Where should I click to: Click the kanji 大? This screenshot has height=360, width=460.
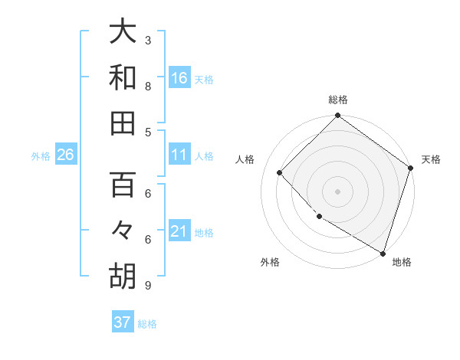[123, 31]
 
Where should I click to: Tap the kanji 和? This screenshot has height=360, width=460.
[123, 77]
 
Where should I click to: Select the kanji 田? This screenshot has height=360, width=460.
[123, 123]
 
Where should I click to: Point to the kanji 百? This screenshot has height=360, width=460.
[123, 185]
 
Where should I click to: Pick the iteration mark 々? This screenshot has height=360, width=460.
[123, 231]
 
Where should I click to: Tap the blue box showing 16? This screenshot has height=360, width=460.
[179, 77]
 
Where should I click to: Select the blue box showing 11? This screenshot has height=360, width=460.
[179, 155]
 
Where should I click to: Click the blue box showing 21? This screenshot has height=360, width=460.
[179, 232]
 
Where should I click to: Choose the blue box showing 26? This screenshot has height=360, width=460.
[66, 155]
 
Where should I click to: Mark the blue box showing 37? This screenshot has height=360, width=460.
[123, 322]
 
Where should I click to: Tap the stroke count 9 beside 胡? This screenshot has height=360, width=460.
[148, 286]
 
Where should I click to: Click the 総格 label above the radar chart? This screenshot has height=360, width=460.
[338, 100]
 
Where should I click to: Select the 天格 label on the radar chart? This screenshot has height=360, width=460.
[431, 159]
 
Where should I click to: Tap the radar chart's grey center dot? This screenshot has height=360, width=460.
[337, 191]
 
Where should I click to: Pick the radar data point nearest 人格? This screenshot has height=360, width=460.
[280, 172]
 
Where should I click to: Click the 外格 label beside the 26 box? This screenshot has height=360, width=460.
[41, 156]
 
